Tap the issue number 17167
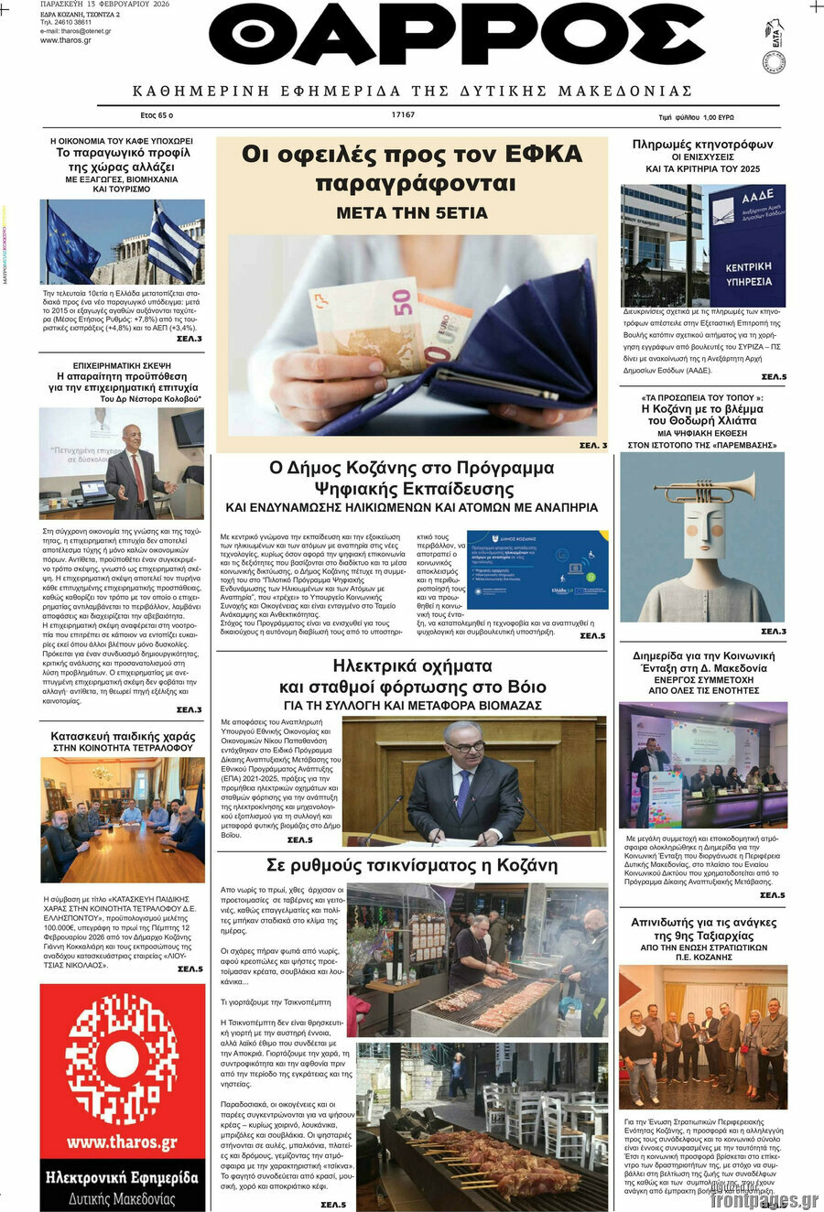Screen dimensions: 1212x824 pos(403,115)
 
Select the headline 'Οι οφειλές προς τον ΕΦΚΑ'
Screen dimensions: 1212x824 pos(412,155)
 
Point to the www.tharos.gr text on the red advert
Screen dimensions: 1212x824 pos(122,1142)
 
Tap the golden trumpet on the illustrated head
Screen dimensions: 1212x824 pos(705,487)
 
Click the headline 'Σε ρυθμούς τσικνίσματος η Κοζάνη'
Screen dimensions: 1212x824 pos(411,865)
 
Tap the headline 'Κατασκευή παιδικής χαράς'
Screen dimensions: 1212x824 pos(123,736)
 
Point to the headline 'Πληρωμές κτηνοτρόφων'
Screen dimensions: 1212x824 pos(702,145)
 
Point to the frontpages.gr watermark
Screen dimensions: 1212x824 pos(763,1200)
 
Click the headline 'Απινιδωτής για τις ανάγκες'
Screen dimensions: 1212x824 pos(703,922)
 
